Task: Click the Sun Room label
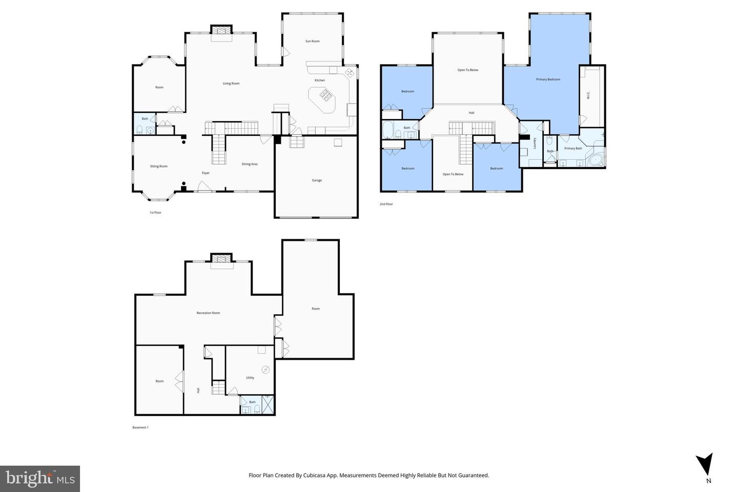[312, 41]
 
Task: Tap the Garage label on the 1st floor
[317, 180]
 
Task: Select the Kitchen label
[319, 80]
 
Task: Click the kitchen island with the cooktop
[322, 99]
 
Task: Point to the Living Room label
[231, 84]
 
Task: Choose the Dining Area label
[250, 164]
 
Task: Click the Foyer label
[206, 173]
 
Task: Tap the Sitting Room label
[159, 167]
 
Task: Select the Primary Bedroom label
[548, 79]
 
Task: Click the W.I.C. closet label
[588, 95]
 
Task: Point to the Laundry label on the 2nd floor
[534, 143]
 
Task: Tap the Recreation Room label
[208, 313]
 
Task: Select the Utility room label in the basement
[250, 378]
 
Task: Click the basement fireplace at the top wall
[222, 260]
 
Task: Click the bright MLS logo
[40, 479]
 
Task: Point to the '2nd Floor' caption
[386, 204]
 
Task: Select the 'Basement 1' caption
[140, 427]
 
